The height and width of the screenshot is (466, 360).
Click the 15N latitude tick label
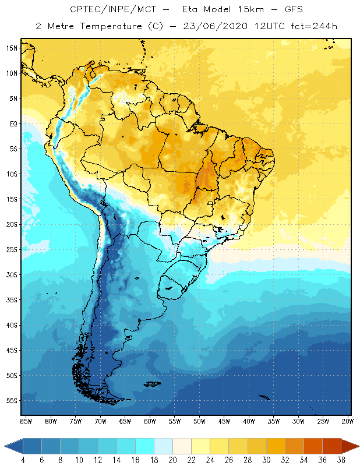pos(12,48)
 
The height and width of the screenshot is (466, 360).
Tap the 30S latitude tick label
pos(12,274)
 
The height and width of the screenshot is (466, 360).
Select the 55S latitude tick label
pos(12,400)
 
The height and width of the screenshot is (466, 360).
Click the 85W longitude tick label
pos(26,421)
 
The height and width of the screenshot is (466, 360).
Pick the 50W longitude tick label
pos(199,421)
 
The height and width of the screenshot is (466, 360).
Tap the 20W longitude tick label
pos(347,421)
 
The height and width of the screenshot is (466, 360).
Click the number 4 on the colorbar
pos(23,460)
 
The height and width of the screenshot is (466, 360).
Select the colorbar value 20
pos(172,460)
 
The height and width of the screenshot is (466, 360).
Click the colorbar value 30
pos(266,460)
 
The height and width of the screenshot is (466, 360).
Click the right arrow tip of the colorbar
pos(358,446)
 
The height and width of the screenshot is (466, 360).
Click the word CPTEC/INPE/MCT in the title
pos(105,10)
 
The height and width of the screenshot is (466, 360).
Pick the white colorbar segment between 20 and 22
pos(182,446)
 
